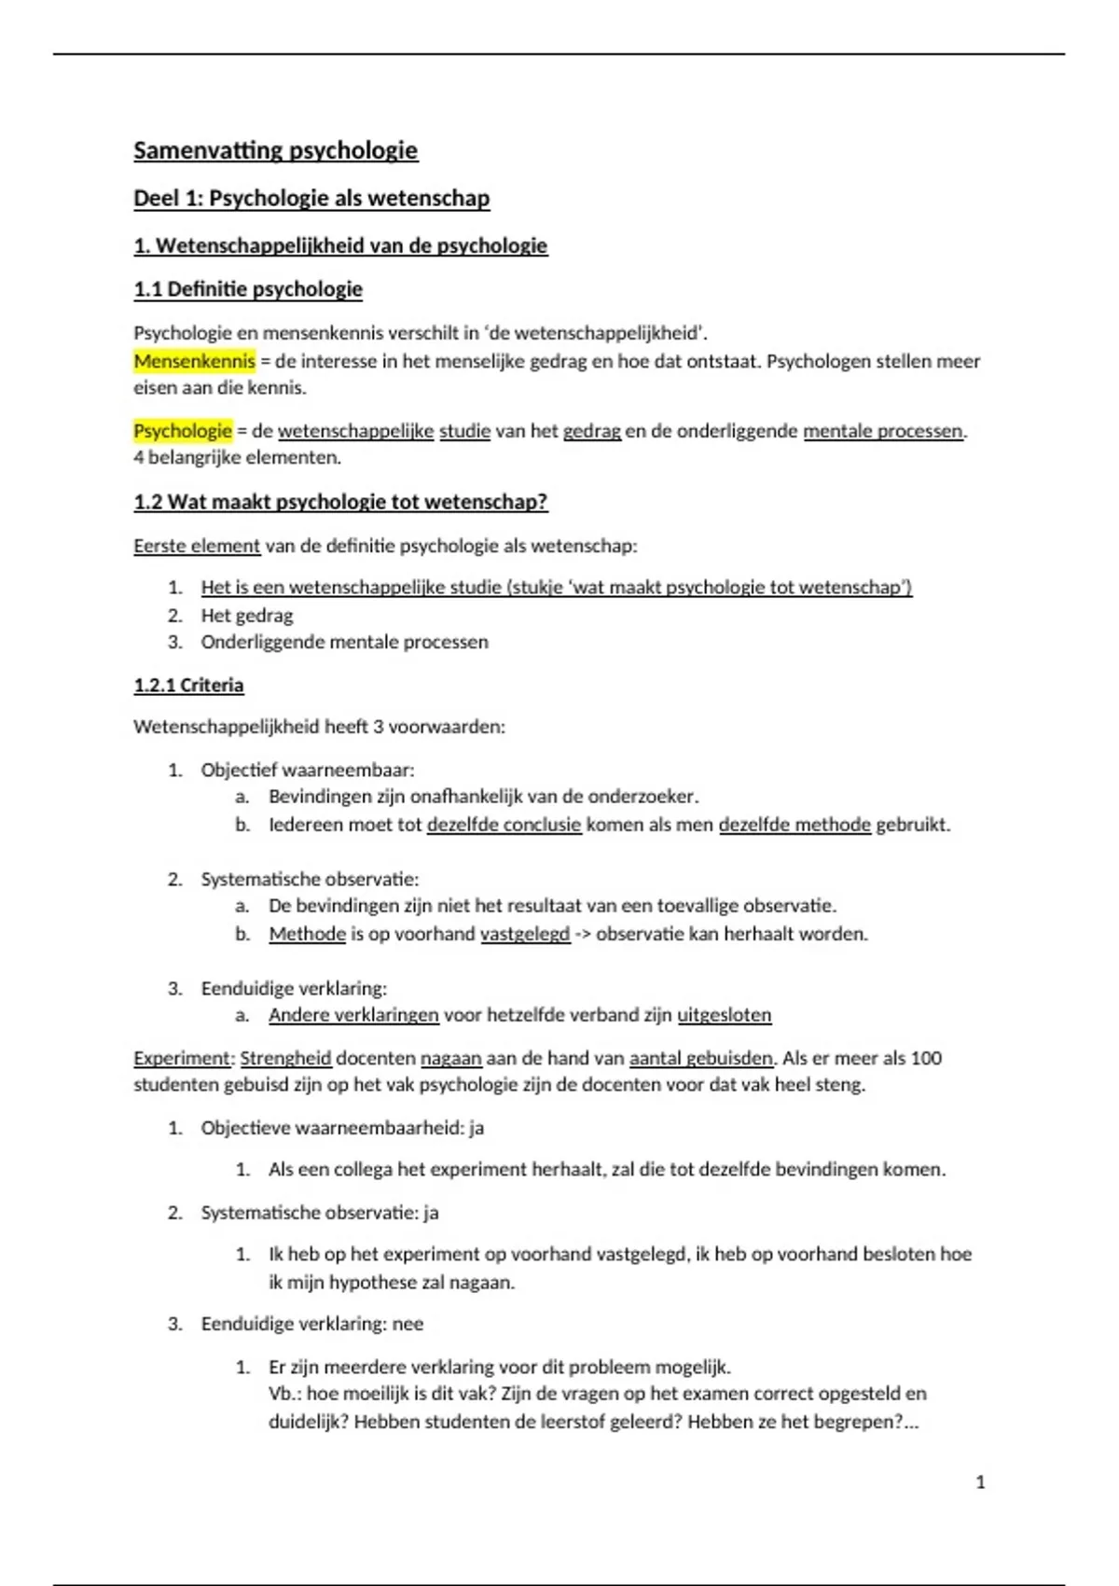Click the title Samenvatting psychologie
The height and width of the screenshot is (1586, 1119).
click(x=275, y=150)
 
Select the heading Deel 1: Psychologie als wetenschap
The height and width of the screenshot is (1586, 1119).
click(x=311, y=198)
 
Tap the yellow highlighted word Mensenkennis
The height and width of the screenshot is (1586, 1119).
click(x=194, y=361)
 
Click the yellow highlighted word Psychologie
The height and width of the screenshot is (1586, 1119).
click(x=182, y=431)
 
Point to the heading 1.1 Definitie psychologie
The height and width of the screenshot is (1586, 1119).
click(x=247, y=289)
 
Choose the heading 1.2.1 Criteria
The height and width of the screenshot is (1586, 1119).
click(x=188, y=685)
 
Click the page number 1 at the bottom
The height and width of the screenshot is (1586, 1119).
click(x=980, y=1482)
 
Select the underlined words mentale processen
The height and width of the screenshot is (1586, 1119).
click(x=882, y=431)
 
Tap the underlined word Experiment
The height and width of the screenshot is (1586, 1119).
click(x=182, y=1058)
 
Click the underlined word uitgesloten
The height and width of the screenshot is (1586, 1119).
click(x=724, y=1015)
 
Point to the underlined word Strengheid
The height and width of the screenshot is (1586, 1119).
click(x=285, y=1058)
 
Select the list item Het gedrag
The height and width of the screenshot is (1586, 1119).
click(x=246, y=616)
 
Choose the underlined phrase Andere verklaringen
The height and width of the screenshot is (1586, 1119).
click(x=353, y=1015)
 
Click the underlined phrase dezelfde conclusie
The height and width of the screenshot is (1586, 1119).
click(x=504, y=825)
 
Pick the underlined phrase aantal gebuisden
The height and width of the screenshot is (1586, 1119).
click(x=701, y=1058)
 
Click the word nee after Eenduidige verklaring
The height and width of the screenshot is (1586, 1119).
click(x=408, y=1324)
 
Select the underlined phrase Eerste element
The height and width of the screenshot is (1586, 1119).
click(x=197, y=546)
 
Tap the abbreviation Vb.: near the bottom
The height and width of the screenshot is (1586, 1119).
click(x=284, y=1394)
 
